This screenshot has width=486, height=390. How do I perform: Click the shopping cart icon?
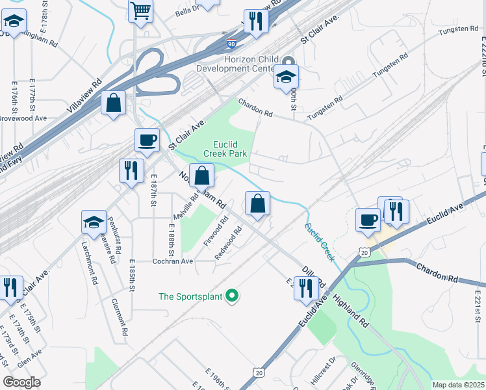pyautogui.click(x=140, y=11)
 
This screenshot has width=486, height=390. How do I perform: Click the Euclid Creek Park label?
pyautogui.click(x=225, y=149)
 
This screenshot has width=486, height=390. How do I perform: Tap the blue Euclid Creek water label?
pyautogui.click(x=319, y=242)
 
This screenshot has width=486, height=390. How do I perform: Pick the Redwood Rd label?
pyautogui.click(x=229, y=241)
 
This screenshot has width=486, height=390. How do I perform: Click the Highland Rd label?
pyautogui.click(x=351, y=310)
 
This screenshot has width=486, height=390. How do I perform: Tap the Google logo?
pyautogui.click(x=21, y=382)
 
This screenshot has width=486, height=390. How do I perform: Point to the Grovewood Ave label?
pyautogui.click(x=23, y=118)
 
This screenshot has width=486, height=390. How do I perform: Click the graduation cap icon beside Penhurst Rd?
pyautogui.click(x=94, y=222)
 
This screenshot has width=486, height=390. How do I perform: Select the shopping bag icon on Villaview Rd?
pyautogui.click(x=114, y=103)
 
